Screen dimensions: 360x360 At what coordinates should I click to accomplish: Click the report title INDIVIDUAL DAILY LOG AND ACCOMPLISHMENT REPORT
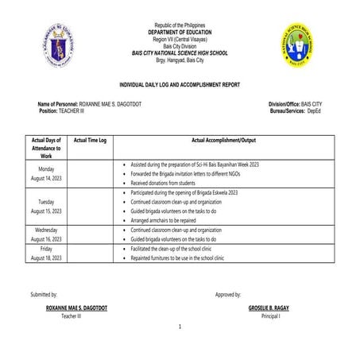(180, 83)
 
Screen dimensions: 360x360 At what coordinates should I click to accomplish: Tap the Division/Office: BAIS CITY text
(296, 105)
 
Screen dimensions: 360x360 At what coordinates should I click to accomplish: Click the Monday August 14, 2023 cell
(46, 174)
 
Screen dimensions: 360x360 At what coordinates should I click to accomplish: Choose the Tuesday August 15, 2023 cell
(46, 207)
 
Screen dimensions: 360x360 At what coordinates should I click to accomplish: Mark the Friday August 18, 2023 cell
(46, 254)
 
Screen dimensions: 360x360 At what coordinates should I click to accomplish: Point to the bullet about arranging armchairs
(168, 221)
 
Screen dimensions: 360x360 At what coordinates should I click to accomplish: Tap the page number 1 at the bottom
(180, 327)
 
